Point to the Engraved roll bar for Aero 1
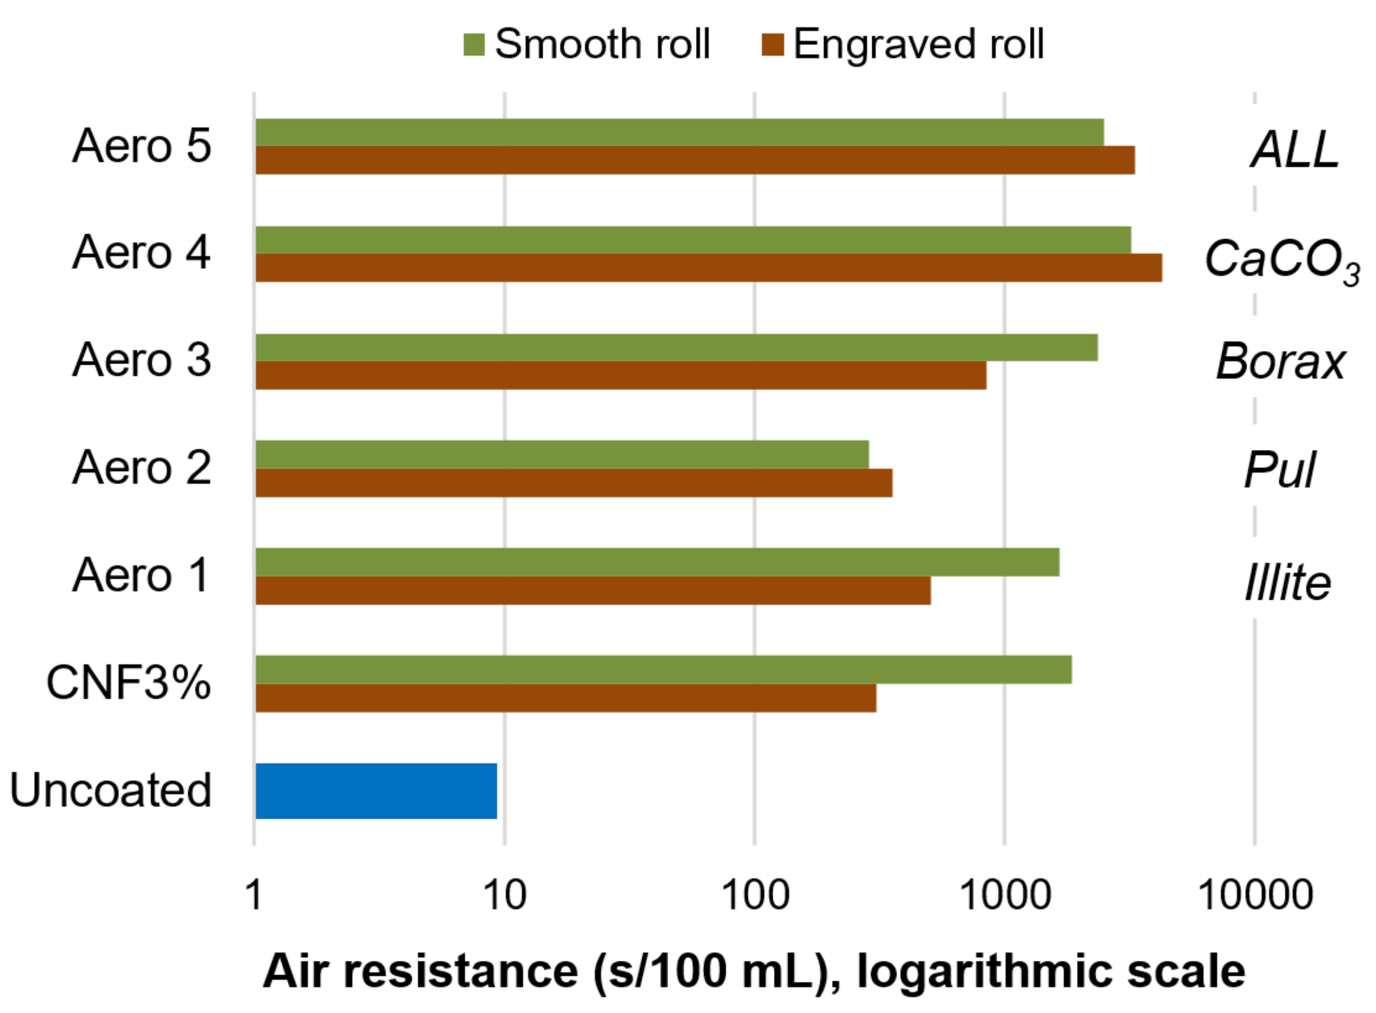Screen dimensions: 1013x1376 [592, 590]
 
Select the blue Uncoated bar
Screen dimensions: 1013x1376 [376, 790]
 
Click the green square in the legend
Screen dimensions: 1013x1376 [474, 44]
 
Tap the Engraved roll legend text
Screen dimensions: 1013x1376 [918, 44]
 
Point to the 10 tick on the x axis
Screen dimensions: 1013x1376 [505, 895]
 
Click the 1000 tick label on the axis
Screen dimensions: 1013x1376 [1005, 895]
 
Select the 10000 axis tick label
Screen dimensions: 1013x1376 [1254, 895]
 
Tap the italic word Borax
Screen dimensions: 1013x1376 [1280, 362]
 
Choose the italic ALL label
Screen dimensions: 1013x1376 [1295, 150]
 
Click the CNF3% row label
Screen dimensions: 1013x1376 [129, 682]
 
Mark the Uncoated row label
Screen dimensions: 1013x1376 [110, 790]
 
